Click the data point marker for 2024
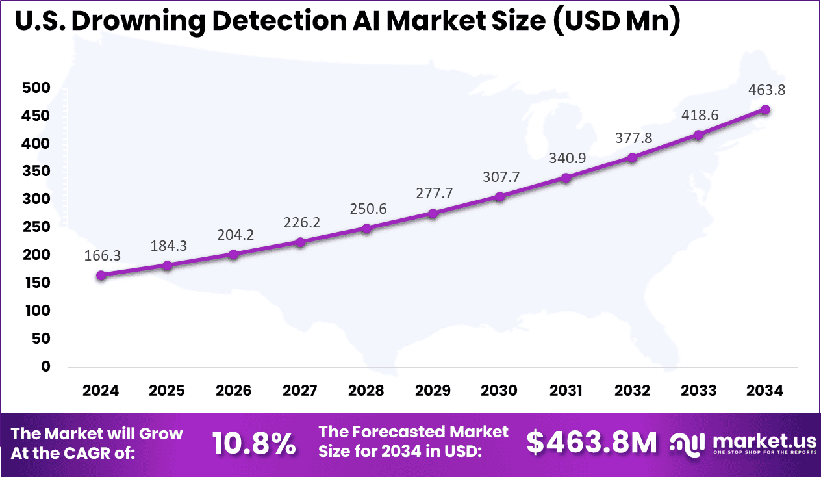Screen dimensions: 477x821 101,275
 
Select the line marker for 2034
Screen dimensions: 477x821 765,110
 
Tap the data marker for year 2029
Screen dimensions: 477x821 433,213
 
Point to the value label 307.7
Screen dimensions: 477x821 499,177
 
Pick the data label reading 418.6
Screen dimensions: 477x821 699,115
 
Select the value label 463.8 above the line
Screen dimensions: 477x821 765,90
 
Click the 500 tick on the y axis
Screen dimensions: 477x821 36,88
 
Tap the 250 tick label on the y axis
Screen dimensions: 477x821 36,227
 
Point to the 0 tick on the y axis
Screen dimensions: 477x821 45,366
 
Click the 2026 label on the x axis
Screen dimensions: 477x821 234,391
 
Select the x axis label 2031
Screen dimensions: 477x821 566,391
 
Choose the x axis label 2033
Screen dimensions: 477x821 699,391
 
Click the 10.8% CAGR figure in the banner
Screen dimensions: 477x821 254,445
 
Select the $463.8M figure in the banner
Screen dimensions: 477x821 591,443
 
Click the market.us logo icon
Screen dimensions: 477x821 686,444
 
